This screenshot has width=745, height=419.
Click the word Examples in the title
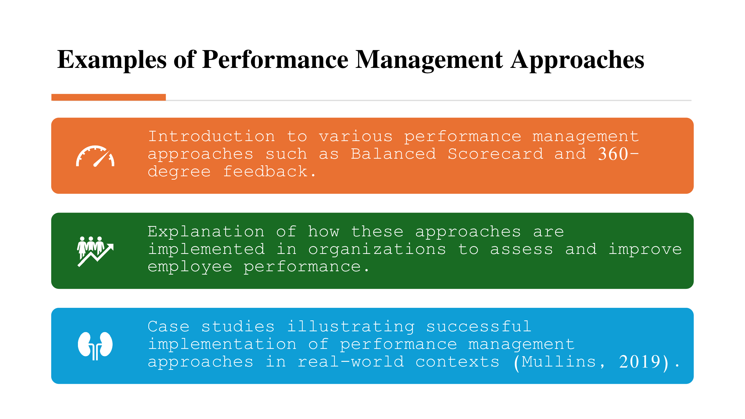click(112, 60)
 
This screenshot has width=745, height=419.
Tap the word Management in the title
click(429, 60)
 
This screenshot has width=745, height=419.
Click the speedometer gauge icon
click(95, 156)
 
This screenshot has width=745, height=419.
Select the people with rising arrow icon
click(96, 251)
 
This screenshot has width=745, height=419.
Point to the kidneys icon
click(95, 346)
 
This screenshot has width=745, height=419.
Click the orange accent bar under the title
click(108, 97)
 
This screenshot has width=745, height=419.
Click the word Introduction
click(211, 137)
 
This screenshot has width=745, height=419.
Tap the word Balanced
click(393, 154)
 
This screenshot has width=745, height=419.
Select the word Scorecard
click(496, 154)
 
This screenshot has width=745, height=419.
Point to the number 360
click(613, 154)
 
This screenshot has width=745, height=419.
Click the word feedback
click(265, 172)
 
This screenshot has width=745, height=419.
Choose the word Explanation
click(206, 232)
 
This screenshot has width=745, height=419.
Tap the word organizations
click(377, 249)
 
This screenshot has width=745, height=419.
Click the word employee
click(190, 266)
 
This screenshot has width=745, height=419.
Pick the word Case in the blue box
click(169, 327)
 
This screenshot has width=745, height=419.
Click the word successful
click(479, 327)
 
